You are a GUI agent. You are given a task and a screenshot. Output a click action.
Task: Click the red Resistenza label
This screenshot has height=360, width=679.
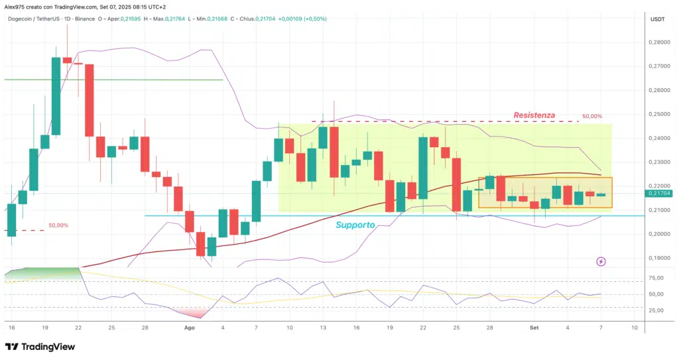[534, 115]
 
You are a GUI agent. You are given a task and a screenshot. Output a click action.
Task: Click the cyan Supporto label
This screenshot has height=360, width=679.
[355, 225]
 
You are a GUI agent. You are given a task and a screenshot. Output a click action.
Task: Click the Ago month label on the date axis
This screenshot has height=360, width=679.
[190, 328]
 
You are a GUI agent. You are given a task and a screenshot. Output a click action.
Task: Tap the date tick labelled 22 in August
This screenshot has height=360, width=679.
[423, 328]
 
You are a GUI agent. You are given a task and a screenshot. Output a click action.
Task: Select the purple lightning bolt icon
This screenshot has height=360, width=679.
[601, 261]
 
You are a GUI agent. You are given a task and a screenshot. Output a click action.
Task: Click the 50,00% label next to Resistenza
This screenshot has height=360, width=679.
[592, 117]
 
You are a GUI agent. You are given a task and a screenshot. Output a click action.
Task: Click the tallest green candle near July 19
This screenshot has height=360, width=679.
[56, 96]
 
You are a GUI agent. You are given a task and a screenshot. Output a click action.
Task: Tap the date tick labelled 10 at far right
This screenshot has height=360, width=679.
[635, 328]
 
